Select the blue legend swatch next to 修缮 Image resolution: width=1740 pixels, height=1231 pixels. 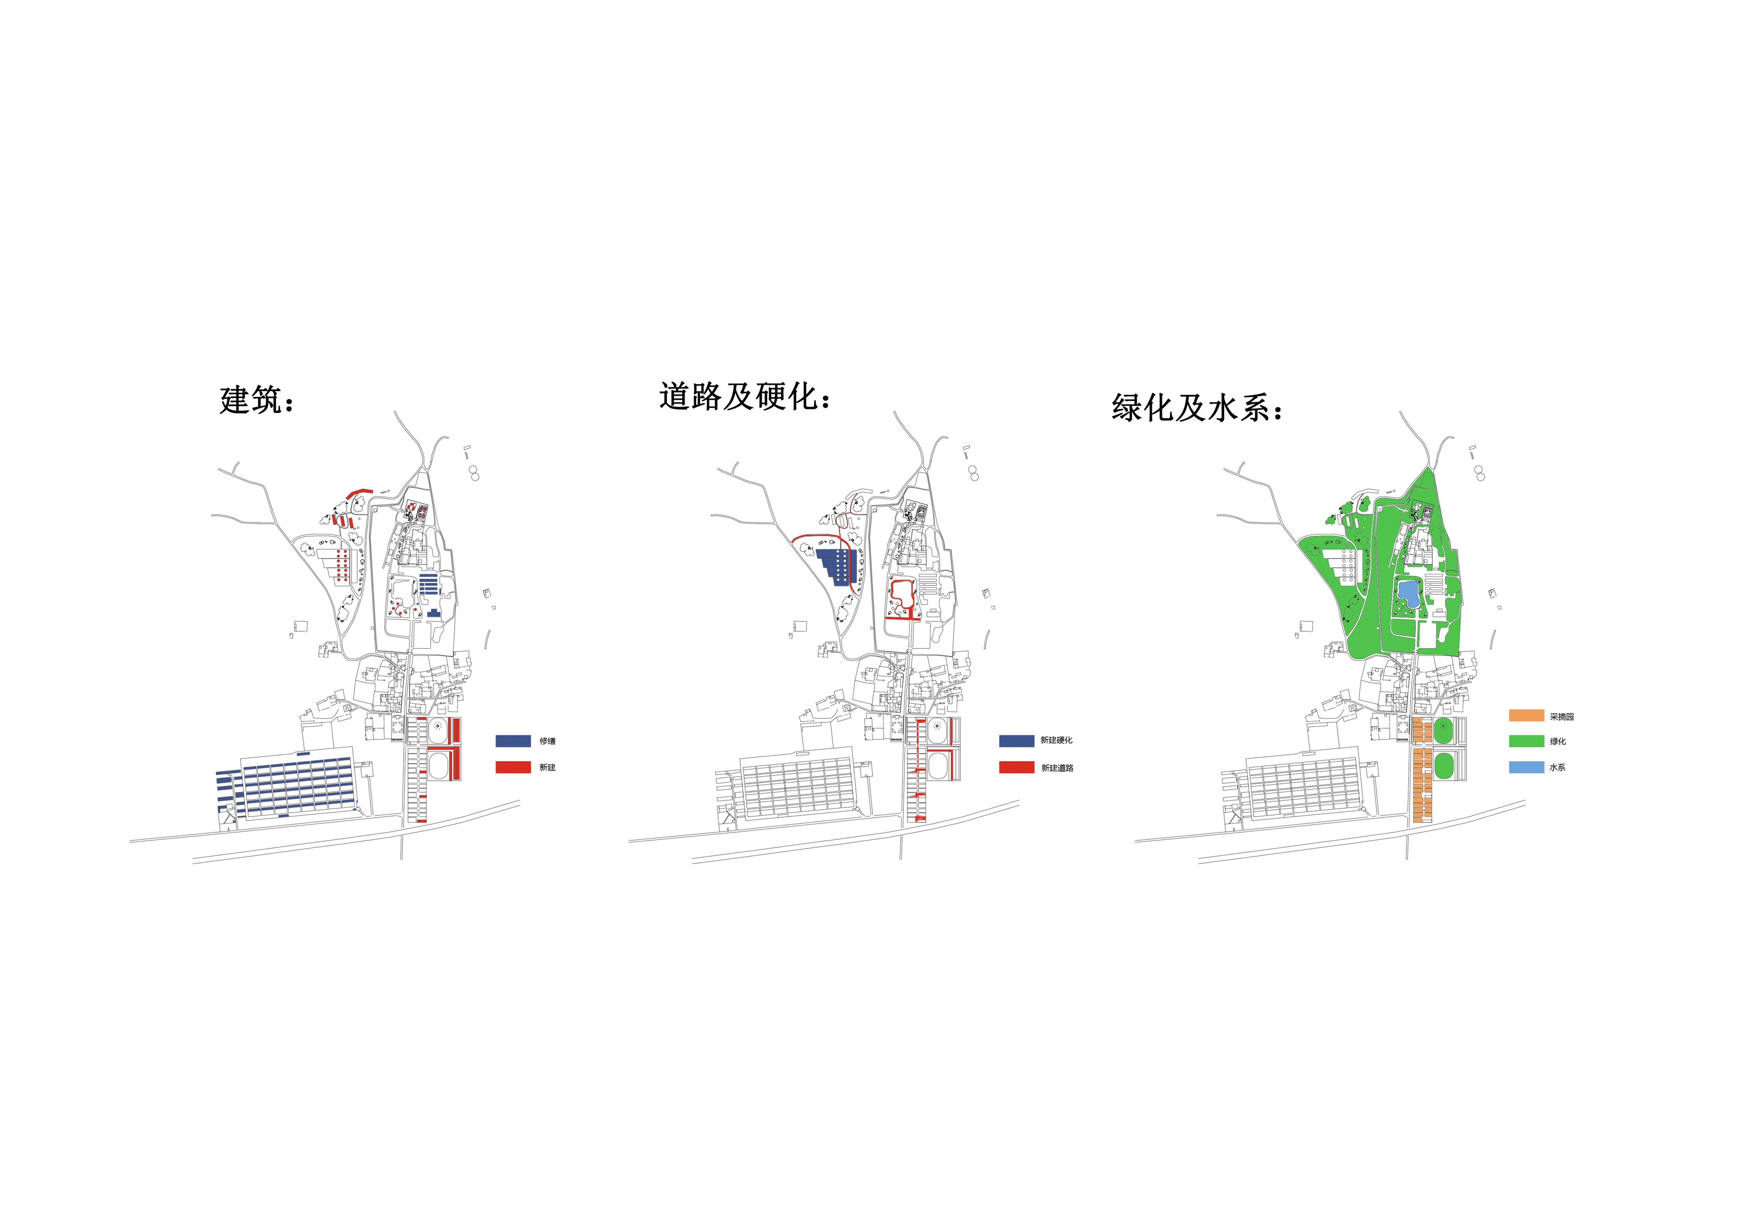(513, 740)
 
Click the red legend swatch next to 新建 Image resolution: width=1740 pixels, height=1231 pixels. (513, 767)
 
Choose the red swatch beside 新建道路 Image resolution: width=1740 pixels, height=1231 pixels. (1016, 767)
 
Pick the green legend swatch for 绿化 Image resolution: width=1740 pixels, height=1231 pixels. (1526, 740)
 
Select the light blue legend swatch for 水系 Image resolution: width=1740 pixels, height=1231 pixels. (1526, 767)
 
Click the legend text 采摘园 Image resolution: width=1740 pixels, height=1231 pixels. (1562, 716)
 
